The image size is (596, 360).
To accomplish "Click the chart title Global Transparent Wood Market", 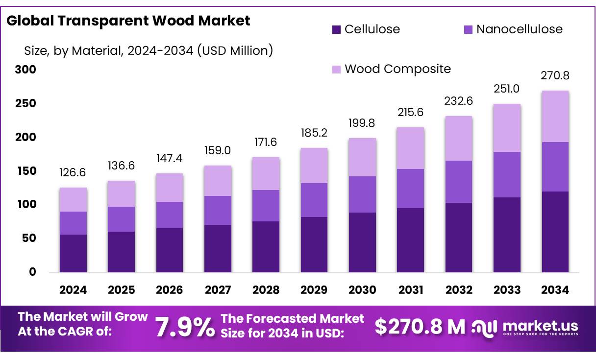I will pyautogui.click(x=128, y=21).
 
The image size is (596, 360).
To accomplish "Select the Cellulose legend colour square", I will pyautogui.click(x=336, y=29).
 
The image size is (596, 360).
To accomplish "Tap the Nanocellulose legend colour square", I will pyautogui.click(x=468, y=29).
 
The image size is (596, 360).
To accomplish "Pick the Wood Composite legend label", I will pyautogui.click(x=397, y=69).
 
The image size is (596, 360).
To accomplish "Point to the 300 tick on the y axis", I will pyautogui.click(x=25, y=70).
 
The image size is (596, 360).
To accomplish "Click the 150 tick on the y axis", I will pyautogui.click(x=25, y=171).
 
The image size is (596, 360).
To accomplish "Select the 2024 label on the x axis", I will pyautogui.click(x=73, y=290).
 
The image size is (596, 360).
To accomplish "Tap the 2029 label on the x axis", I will pyautogui.click(x=314, y=290).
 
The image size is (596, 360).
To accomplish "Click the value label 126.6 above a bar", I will pyautogui.click(x=73, y=172).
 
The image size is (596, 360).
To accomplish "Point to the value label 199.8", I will pyautogui.click(x=362, y=123).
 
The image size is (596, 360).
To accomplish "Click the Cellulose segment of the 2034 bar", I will pyautogui.click(x=555, y=232).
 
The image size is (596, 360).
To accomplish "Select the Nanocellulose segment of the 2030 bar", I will pyautogui.click(x=362, y=194).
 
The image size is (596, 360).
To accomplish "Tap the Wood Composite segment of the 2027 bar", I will pyautogui.click(x=218, y=181).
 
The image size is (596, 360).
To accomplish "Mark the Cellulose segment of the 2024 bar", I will pyautogui.click(x=73, y=253).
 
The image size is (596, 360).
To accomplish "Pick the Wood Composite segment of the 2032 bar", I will pyautogui.click(x=458, y=138).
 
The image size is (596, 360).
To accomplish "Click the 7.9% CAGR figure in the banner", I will pyautogui.click(x=185, y=327).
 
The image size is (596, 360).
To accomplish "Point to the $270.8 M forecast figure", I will pyautogui.click(x=420, y=327).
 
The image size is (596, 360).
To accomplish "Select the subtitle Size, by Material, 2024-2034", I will pyautogui.click(x=149, y=50).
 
